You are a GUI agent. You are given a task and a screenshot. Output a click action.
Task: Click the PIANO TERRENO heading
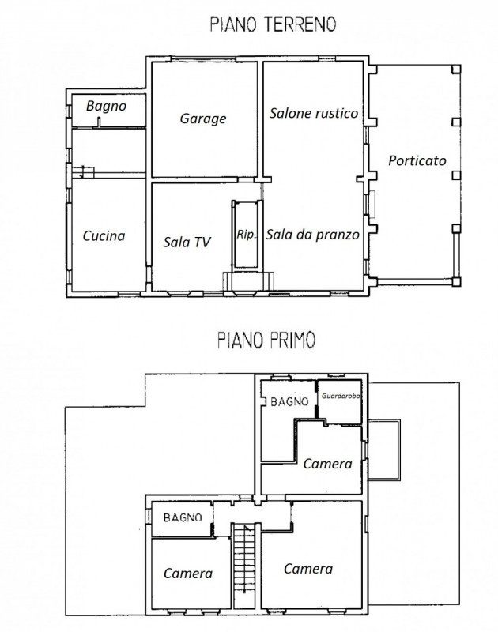pos(273,24)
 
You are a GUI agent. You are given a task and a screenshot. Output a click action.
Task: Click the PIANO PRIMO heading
pos(266,340)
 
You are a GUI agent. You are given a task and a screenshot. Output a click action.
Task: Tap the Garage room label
pos(203,119)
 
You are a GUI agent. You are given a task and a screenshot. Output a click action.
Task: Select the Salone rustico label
pos(314,113)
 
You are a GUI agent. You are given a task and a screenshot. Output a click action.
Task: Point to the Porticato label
pos(417,160)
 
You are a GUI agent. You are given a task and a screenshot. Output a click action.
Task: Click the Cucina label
pos(104,235)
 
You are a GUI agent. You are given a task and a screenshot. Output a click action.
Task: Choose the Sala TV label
pos(187,242)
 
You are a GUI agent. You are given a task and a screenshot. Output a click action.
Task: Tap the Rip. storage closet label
pos(246,235)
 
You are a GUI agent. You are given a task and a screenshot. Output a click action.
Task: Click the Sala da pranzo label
pos(312,234)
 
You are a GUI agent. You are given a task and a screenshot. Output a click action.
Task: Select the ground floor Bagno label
pos(106,106)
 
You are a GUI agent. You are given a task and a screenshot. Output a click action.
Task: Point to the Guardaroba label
pos(341,396)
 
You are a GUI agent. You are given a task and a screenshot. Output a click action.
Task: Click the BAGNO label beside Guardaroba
pos(289,401)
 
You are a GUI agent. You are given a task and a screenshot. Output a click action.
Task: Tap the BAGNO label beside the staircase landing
pos(183,517)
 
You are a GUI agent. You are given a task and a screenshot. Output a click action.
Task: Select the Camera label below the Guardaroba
pos(327,464)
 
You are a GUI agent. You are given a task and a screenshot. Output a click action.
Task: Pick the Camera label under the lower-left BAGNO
pos(188,574)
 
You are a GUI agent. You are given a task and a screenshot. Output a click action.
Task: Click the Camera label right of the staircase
pos(308,568)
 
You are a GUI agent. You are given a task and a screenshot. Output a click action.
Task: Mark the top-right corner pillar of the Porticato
pos(456,69)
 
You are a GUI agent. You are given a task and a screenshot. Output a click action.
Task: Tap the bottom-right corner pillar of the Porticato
pos(456,281)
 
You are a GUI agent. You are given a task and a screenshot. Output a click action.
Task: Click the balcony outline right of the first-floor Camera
pos(400,450)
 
